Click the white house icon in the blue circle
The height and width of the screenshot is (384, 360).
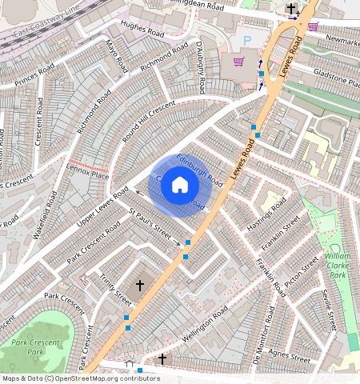tap(180, 186)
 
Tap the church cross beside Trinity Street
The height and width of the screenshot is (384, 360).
tap(139, 285)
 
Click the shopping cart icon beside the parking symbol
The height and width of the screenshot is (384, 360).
tap(238, 61)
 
